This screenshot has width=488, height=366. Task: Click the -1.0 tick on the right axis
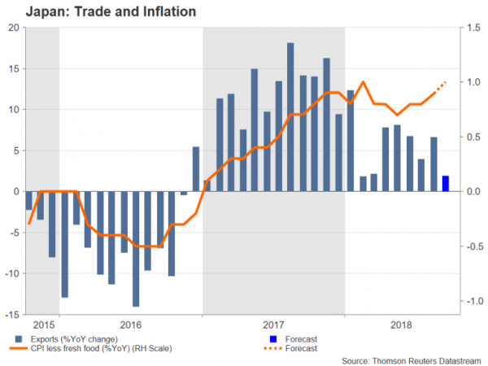473,301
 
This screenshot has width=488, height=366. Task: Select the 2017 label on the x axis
273,322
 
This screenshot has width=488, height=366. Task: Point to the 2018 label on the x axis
402,322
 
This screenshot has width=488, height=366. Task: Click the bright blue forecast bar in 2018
445,183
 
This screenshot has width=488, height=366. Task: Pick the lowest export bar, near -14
136,249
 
